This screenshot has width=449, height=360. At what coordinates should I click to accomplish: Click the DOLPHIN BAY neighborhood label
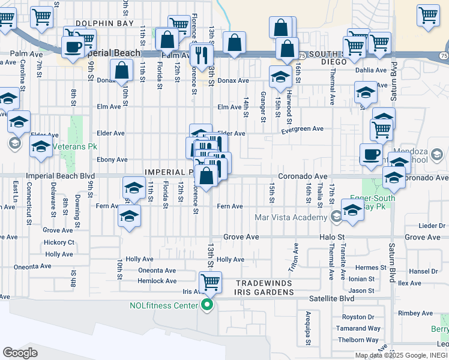(99, 23)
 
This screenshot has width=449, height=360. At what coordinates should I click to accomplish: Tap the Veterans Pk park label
(74, 146)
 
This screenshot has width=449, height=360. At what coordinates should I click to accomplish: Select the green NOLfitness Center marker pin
(207, 305)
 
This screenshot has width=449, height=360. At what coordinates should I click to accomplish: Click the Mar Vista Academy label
(292, 217)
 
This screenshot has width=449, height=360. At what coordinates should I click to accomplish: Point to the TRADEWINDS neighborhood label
(264, 283)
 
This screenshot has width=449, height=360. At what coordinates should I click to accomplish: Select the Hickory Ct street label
(59, 242)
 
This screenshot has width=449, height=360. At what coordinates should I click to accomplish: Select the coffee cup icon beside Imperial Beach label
(73, 47)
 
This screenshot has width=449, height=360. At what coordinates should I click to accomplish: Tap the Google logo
(20, 353)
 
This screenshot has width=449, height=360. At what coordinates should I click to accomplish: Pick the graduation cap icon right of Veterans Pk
(41, 146)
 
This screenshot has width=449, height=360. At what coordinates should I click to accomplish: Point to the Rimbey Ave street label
(418, 313)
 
